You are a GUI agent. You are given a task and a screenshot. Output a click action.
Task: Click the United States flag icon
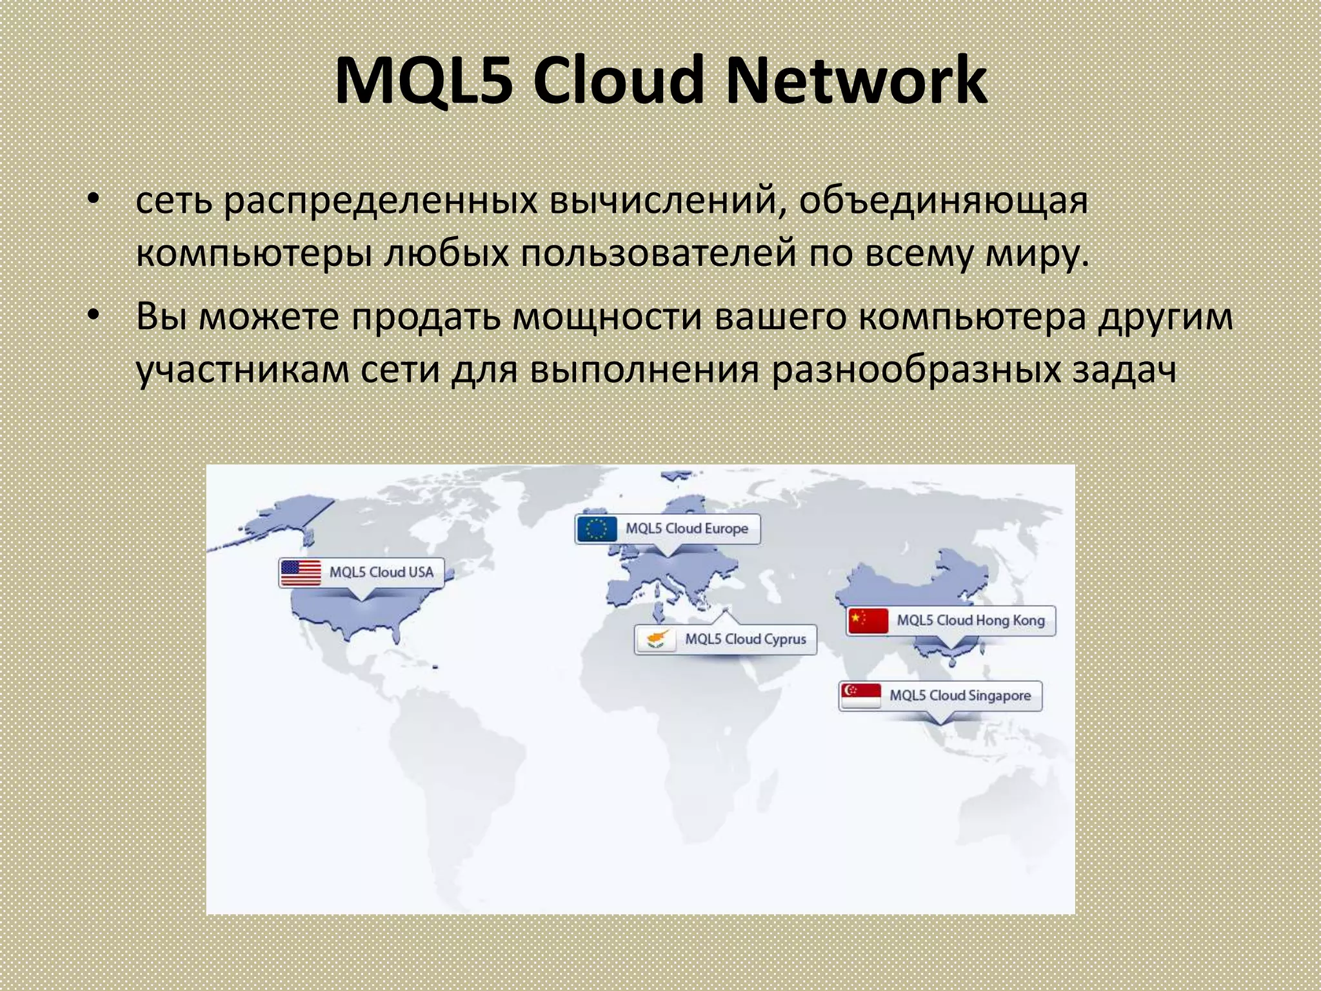301,572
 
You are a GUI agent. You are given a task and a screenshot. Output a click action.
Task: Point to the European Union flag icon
597,529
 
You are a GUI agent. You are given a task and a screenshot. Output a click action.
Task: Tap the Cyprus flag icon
656,639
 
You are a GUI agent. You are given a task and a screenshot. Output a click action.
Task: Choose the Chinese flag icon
868,621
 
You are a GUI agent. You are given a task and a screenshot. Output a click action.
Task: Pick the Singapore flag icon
860,696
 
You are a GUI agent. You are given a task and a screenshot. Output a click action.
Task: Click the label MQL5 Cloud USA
381,572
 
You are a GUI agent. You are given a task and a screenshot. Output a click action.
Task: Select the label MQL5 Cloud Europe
687,529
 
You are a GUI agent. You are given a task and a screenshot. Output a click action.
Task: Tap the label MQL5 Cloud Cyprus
746,639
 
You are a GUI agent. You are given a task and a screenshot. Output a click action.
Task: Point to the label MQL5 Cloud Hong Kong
971,621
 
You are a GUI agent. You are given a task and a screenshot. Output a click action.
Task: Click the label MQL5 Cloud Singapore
960,696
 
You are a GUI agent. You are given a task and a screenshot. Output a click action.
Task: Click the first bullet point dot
94,199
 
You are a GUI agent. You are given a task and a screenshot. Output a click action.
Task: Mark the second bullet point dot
94,315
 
